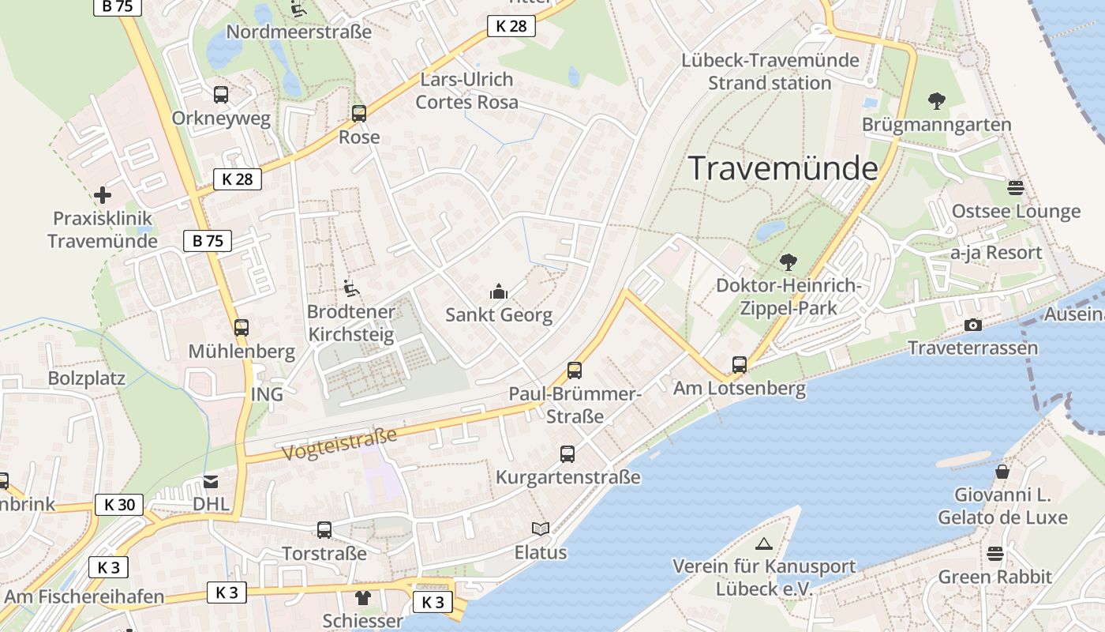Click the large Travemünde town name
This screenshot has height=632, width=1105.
tap(783, 169)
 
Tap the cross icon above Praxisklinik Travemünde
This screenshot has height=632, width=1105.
tap(103, 194)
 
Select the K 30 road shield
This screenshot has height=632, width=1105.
tap(119, 505)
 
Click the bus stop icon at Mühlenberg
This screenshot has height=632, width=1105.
tap(242, 327)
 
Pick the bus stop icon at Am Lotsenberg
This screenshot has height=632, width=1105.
tap(740, 364)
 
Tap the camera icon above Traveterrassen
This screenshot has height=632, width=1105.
tap(972, 325)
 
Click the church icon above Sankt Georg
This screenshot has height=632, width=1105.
tap(498, 292)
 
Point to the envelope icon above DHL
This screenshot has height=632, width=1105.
tap(211, 481)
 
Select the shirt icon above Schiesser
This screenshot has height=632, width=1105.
tap(362, 597)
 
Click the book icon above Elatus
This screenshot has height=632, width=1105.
tap(541, 529)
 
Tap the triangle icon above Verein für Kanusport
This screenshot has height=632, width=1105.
tap(763, 544)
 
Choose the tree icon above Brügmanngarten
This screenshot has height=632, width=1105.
tap(937, 101)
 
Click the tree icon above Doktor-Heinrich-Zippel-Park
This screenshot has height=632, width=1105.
tap(788, 261)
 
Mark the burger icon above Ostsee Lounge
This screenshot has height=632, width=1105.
tap(1015, 188)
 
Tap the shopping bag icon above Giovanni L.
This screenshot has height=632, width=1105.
tap(1002, 472)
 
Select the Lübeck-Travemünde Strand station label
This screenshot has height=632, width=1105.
tap(770, 72)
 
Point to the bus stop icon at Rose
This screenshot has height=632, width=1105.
tap(359, 114)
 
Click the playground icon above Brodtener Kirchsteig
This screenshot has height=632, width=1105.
tap(350, 288)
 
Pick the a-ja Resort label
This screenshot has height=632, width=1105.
tap(996, 253)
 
